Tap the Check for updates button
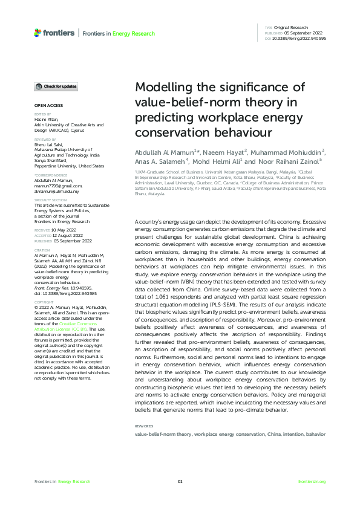(55, 87)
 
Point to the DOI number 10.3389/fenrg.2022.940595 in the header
(299, 38)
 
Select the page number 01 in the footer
(180, 481)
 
